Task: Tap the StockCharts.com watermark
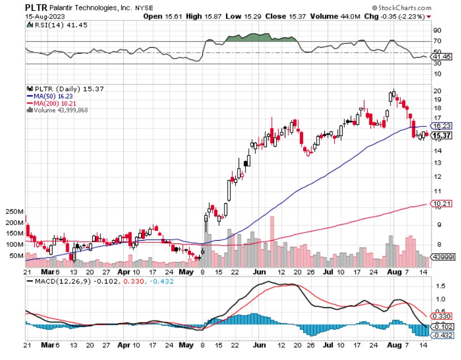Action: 401,8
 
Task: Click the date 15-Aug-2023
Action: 43,16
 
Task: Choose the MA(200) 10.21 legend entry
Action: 48,102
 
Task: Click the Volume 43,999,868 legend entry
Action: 57,110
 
